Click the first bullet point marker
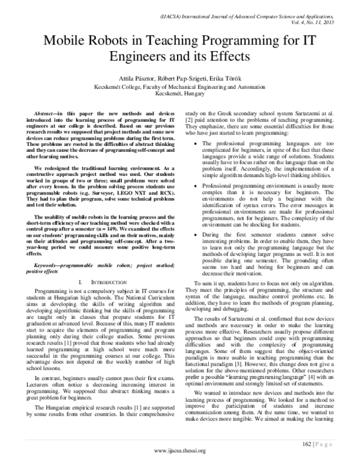[191, 144]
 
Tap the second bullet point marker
[191, 187]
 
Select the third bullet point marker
[191, 229]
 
